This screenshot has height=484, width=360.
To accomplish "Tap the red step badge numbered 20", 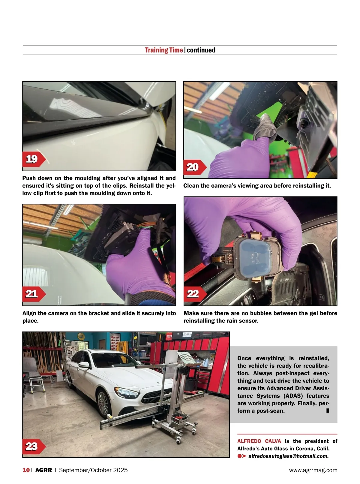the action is [x=195, y=167].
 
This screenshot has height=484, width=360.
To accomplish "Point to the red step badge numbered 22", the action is [x=195, y=294].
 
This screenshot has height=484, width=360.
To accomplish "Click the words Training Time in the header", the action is [x=164, y=50].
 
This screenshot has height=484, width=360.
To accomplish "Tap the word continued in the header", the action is [x=201, y=50].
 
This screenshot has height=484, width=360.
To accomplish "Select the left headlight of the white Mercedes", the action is [x=127, y=392].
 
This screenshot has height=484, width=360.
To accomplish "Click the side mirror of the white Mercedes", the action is [x=84, y=365].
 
